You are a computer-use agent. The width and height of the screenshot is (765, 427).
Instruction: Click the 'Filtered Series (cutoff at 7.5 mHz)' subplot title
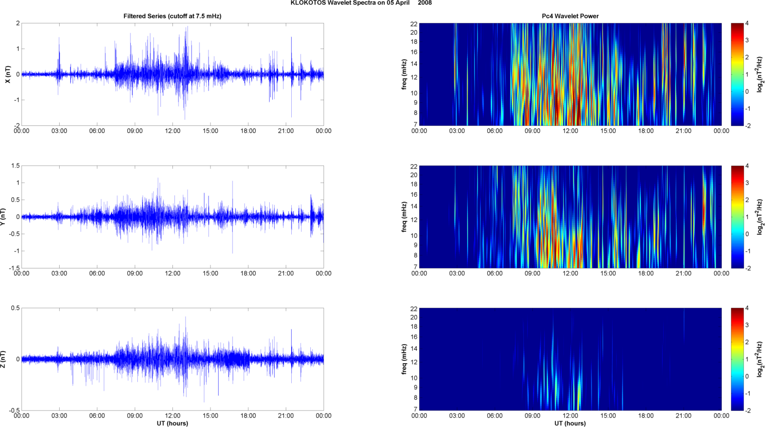coord(172,16)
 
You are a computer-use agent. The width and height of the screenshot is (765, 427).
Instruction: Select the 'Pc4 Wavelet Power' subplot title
coord(570,16)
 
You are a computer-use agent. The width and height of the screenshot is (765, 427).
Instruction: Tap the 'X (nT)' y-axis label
coord(8,74)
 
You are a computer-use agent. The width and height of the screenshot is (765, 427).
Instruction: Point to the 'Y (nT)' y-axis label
coord(3,217)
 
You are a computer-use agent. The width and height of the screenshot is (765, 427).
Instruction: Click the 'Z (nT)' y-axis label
coord(3,359)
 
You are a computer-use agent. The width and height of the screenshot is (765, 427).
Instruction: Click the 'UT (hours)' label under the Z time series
coord(172,423)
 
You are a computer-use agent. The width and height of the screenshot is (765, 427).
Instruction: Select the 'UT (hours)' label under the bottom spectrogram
coord(570,423)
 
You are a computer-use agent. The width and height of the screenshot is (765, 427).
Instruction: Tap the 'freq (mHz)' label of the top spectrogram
coord(404,74)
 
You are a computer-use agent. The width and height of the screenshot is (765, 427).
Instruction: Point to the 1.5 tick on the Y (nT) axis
coord(15,166)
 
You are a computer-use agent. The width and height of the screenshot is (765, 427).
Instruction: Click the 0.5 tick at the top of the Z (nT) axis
coord(15,308)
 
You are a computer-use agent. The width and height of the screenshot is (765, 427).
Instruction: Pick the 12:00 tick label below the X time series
coord(172,131)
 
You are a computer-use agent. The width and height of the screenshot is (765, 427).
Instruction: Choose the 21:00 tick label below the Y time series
coord(286,273)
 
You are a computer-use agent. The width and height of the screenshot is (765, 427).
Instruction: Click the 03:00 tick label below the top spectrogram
coord(457,131)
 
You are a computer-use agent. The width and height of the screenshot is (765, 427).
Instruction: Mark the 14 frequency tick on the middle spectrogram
coord(414,206)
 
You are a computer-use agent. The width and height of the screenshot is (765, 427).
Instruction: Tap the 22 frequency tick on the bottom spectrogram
coord(414,308)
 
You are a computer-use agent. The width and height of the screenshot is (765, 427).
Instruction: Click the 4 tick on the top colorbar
coord(747,24)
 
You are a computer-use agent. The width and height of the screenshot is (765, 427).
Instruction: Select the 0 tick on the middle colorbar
coord(747,234)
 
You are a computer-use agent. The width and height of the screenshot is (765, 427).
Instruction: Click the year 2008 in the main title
coord(425,3)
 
